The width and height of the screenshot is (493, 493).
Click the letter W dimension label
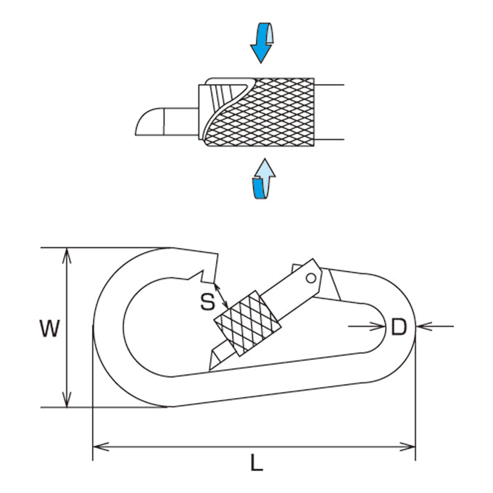pyautogui.click(x=50, y=328)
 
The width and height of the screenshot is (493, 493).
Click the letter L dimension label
pyautogui.click(x=257, y=463)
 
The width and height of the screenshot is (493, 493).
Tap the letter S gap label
pyautogui.click(x=207, y=302)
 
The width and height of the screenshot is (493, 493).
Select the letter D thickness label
pyautogui.click(x=399, y=327)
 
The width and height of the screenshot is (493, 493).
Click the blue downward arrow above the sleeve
pyautogui.click(x=262, y=43)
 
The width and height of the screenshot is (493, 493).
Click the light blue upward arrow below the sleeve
pyautogui.click(x=264, y=178)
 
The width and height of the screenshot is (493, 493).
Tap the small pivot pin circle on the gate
pyautogui.click(x=311, y=278)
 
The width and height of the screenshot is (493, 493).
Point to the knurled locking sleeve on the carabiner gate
pyautogui.click(x=247, y=323)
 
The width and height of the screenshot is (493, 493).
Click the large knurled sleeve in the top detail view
pyautogui.click(x=260, y=112)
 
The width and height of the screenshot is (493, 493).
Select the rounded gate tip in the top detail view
pyautogui.click(x=149, y=122)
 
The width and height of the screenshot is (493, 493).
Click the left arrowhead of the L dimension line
pyautogui.click(x=101, y=447)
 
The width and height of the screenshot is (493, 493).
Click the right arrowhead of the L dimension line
pyautogui.click(x=407, y=447)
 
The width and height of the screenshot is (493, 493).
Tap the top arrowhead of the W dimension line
pyautogui.click(x=67, y=256)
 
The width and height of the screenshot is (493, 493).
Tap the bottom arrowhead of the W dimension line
pyautogui.click(x=67, y=399)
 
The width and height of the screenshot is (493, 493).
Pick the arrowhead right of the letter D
pyautogui.click(x=423, y=326)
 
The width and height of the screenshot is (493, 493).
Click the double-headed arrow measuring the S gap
pyautogui.click(x=221, y=296)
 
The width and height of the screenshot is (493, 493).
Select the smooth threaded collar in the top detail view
pyautogui.click(x=217, y=109)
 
